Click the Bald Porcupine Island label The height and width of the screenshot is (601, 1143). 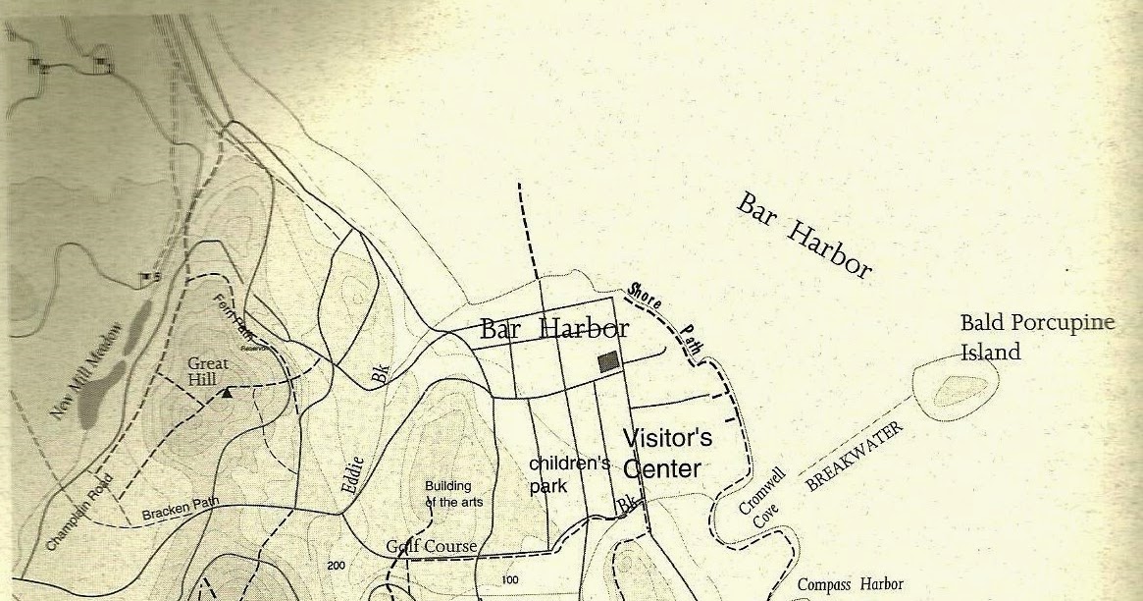click(1036, 337)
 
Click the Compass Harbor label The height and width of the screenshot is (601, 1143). click(850, 584)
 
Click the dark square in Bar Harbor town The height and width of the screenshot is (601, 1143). click(608, 361)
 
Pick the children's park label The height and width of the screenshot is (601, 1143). click(569, 473)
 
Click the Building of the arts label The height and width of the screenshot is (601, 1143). click(447, 494)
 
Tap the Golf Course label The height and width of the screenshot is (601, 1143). click(431, 546)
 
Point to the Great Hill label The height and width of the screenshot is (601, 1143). click(208, 370)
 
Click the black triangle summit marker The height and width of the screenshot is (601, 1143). click(228, 393)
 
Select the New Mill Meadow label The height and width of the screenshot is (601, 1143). click(86, 371)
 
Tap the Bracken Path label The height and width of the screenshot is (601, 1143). click(181, 510)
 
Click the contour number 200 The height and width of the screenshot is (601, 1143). click(337, 566)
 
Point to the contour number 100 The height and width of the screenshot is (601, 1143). click(509, 580)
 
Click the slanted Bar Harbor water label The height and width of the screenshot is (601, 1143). click(804, 236)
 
